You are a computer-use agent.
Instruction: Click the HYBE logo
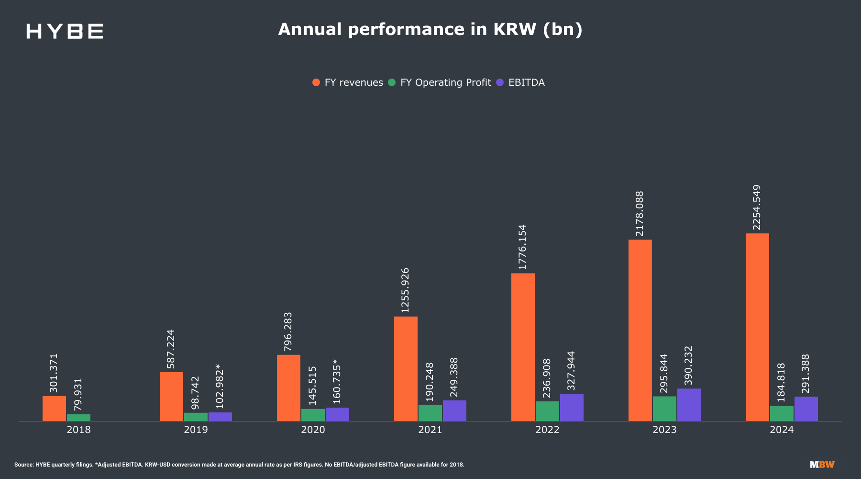tap(65, 31)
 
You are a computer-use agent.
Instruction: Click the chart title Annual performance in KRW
tap(430, 29)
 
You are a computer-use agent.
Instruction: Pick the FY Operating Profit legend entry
tap(440, 82)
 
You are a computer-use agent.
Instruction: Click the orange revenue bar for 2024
tap(757, 327)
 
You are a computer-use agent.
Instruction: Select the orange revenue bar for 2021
tap(406, 369)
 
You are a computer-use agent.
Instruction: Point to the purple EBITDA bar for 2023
tap(689, 405)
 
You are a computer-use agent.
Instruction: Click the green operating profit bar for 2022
tap(547, 411)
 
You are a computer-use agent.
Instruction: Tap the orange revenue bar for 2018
tap(54, 409)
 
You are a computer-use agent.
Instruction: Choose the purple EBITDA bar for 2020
tap(337, 414)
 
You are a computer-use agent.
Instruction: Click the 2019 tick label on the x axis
tap(196, 430)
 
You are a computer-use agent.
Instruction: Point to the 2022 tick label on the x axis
tap(547, 430)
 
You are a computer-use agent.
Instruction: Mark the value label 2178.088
tap(640, 214)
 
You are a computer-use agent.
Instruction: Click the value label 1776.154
tap(522, 247)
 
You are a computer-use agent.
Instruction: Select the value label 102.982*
tap(220, 386)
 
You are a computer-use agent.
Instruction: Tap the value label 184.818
tap(781, 382)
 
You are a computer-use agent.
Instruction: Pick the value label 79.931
tap(78, 394)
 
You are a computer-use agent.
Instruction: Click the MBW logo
tap(822, 465)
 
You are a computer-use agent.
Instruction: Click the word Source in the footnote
tap(24, 465)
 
